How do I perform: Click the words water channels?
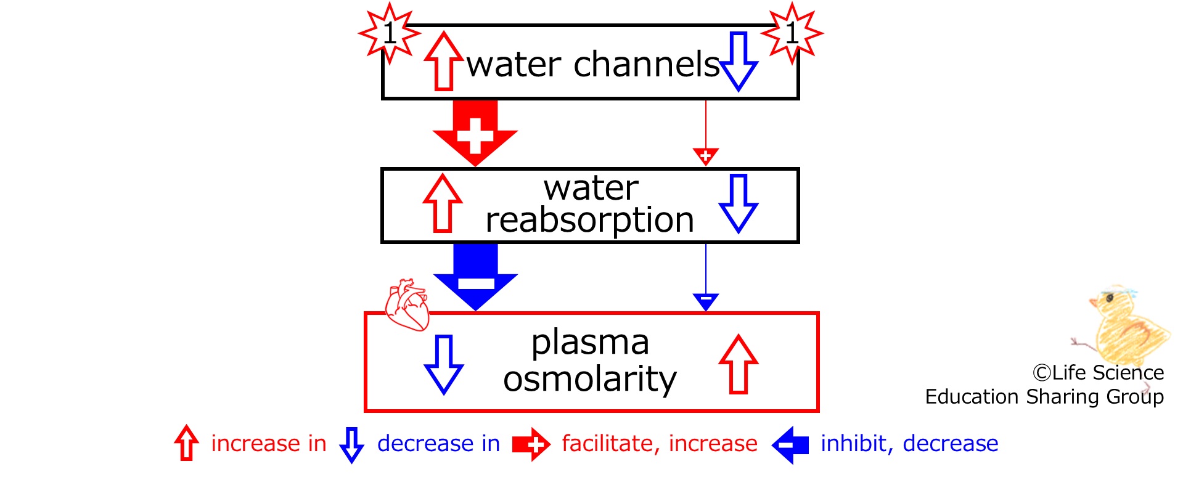[x=593, y=64]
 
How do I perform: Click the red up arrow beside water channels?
[x=443, y=62]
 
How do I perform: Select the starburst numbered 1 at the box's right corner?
[x=792, y=33]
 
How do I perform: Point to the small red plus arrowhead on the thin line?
[x=706, y=156]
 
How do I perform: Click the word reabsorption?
[x=589, y=220]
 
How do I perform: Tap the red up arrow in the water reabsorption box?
[x=443, y=203]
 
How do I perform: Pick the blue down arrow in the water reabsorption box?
[x=739, y=203]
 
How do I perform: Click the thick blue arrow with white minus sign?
[x=475, y=276]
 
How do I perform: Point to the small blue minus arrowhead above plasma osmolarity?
[x=706, y=301]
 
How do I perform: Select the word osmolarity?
[x=589, y=378]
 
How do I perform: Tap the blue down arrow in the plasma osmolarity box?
[x=444, y=364]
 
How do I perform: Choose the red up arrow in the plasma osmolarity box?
[x=739, y=364]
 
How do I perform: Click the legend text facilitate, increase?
[x=660, y=444]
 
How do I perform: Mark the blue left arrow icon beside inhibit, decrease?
[x=790, y=444]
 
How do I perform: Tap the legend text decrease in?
[x=438, y=444]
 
